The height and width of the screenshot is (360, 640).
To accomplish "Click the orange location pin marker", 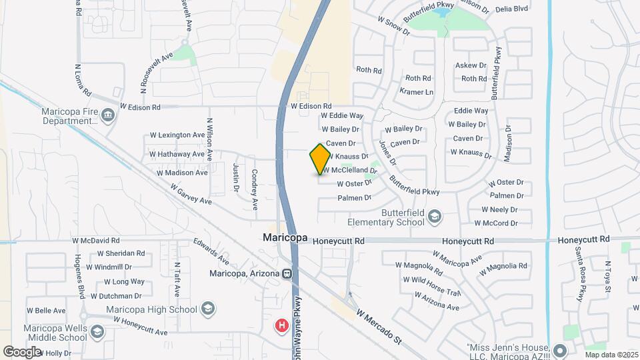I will point(320,159).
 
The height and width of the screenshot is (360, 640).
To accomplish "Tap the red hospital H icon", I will point(282,325).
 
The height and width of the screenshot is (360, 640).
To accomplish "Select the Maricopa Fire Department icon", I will point(108,117).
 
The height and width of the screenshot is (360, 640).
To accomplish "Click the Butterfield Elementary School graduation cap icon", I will point(435,216).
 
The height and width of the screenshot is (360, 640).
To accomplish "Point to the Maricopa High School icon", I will point(208,309).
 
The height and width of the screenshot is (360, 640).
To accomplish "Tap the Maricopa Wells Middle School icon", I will point(97,332).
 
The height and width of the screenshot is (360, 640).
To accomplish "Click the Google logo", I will point(22,351).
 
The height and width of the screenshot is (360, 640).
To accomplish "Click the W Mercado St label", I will point(379,326).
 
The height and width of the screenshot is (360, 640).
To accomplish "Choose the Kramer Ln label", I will point(416,91).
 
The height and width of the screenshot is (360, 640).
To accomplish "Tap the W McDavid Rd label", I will point(96,240).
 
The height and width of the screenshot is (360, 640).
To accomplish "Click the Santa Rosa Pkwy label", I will point(581,273).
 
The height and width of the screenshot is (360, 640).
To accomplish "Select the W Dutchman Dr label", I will point(119,295).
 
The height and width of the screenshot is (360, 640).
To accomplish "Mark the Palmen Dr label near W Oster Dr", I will point(354,198).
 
